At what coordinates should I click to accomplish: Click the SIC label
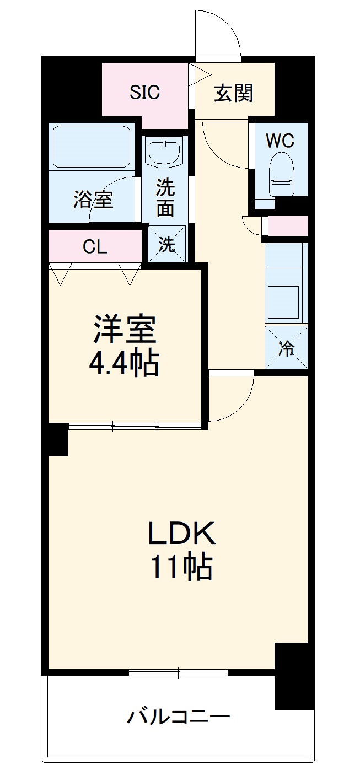pyautogui.click(x=145, y=92)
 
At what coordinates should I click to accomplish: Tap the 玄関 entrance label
pyautogui.click(x=233, y=93)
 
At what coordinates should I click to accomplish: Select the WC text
pyautogui.click(x=280, y=141)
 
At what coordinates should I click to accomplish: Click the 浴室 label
pyautogui.click(x=93, y=200)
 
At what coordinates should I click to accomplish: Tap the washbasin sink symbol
pyautogui.click(x=165, y=151)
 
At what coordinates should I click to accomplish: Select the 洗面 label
pyautogui.click(x=165, y=197)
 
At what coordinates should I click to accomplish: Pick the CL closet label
pyautogui.click(x=95, y=247)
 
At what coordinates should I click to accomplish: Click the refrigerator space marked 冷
pyautogui.click(x=286, y=348)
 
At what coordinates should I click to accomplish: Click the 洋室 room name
pyautogui.click(x=125, y=330)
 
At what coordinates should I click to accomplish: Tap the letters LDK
pyautogui.click(x=180, y=534)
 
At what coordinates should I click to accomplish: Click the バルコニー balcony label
pyautogui.click(x=179, y=717)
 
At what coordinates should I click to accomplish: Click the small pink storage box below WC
pyautogui.click(x=288, y=225)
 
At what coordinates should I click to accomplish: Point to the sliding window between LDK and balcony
pyautogui.click(x=179, y=672)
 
